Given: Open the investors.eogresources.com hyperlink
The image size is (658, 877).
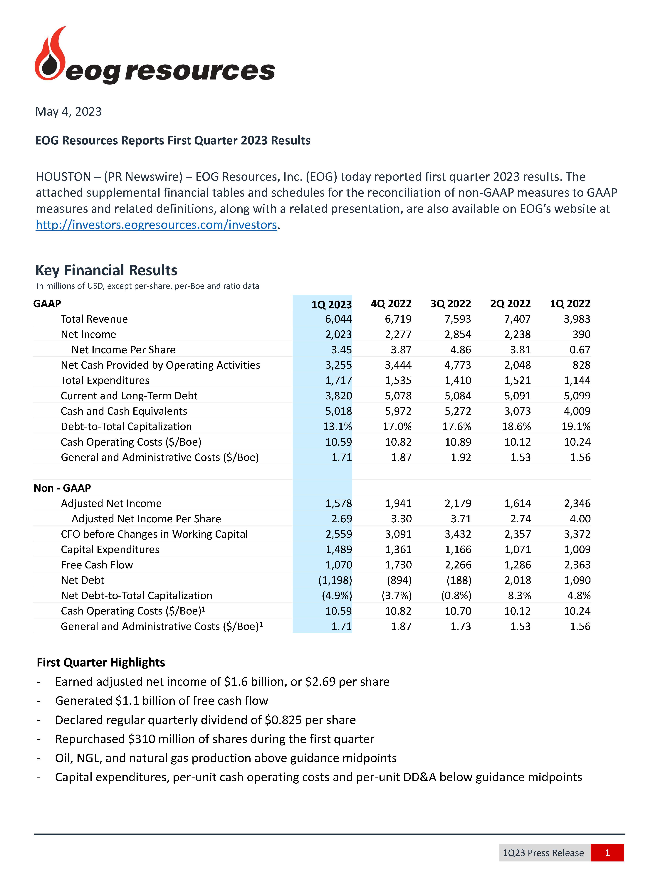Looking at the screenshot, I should point(156,225).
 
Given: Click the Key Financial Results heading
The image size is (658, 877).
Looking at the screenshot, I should point(106,270).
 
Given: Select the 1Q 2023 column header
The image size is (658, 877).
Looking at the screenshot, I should point(331,304).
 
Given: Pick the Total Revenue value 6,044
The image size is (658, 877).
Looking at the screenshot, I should point(338,319).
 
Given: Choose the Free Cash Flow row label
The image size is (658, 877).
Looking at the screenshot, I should point(97,565).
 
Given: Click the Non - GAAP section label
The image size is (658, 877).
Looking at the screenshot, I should point(62,488).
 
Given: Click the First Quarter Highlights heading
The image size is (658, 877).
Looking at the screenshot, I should point(101,662).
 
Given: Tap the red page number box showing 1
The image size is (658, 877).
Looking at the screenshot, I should point(607,853).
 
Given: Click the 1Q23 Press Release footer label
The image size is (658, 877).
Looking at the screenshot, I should point(543,853).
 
